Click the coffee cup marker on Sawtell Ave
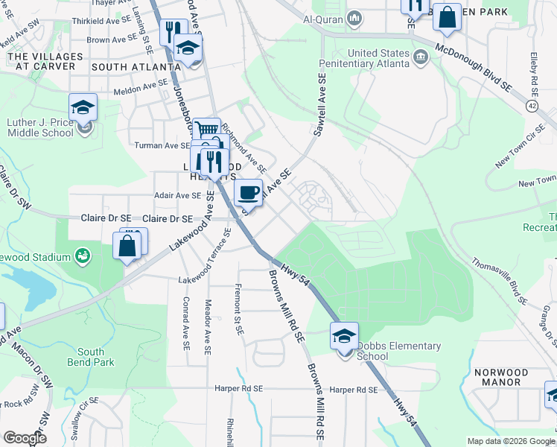pos(249,192)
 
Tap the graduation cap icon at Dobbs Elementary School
pos(344,335)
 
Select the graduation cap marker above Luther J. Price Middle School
pos(83,107)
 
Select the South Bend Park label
pos(96,357)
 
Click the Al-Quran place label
pos(325,18)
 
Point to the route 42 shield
pos(532,107)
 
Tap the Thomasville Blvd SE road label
pos(499,281)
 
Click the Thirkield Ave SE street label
pos(114,23)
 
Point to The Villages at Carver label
pos(42,61)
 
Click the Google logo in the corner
pos(25,438)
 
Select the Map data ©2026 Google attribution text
pos(510,441)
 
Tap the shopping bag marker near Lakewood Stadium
pos(127,246)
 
